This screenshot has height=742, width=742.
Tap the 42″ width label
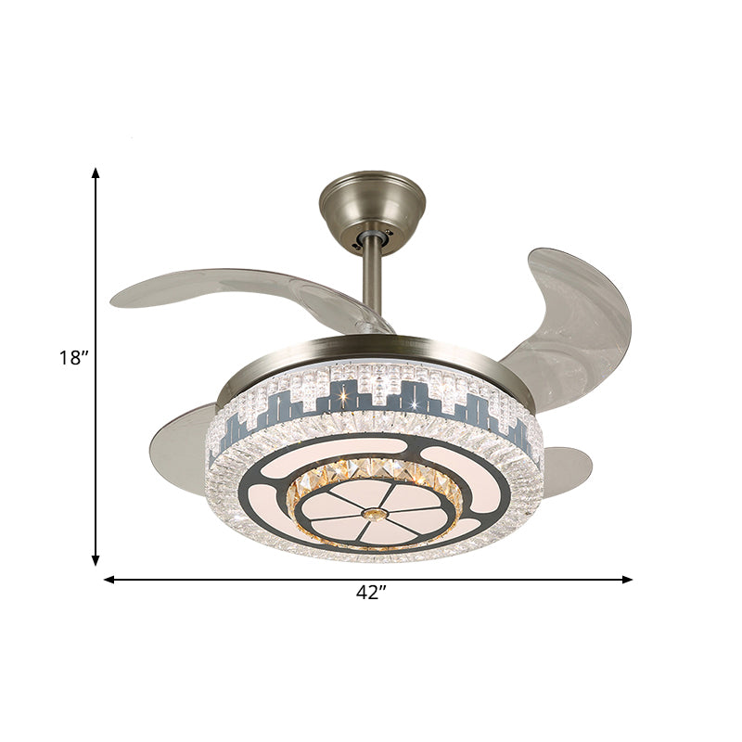pyautogui.click(x=370, y=595)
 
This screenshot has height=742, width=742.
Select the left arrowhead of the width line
pyautogui.click(x=109, y=579)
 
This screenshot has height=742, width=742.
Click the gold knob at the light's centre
pyautogui.click(x=374, y=513)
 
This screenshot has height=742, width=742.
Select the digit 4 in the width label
pyautogui.click(x=363, y=595)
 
